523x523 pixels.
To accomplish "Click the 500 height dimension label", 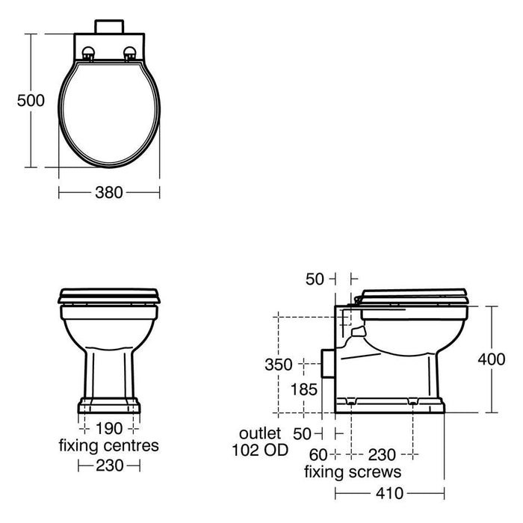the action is (31, 100).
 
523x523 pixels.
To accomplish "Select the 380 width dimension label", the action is (109, 193).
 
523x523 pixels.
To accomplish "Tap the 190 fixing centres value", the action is (109, 428).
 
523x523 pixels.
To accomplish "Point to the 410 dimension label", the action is (389, 493).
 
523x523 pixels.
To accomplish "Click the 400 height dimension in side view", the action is (492, 359).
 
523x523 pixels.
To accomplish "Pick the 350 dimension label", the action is (279, 365).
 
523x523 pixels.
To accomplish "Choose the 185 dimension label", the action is (304, 389).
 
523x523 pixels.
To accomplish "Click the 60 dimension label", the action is (319, 454).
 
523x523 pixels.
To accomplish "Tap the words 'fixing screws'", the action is (353, 472).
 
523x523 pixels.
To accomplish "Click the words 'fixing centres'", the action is (109, 445).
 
